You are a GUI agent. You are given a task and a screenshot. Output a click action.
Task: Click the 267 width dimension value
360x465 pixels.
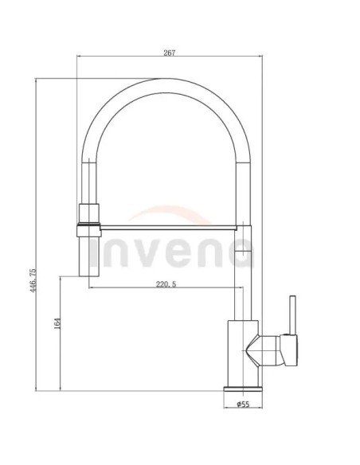[x=170, y=53]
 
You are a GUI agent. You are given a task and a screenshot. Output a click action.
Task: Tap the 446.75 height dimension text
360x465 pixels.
[x=33, y=280]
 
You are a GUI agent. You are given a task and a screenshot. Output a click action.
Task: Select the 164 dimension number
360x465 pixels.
[x=58, y=323]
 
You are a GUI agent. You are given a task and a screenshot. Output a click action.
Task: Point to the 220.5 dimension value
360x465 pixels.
[x=166, y=284]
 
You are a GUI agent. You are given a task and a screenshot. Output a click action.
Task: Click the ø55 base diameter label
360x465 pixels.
[x=243, y=404]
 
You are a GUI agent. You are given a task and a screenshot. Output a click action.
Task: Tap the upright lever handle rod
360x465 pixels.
[x=292, y=315]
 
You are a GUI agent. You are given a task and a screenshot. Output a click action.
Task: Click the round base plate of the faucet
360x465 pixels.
[x=243, y=389]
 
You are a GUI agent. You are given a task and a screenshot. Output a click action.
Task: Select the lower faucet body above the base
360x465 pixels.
[x=243, y=354]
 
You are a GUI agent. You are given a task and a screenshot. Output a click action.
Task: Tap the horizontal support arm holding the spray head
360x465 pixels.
[x=168, y=228]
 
